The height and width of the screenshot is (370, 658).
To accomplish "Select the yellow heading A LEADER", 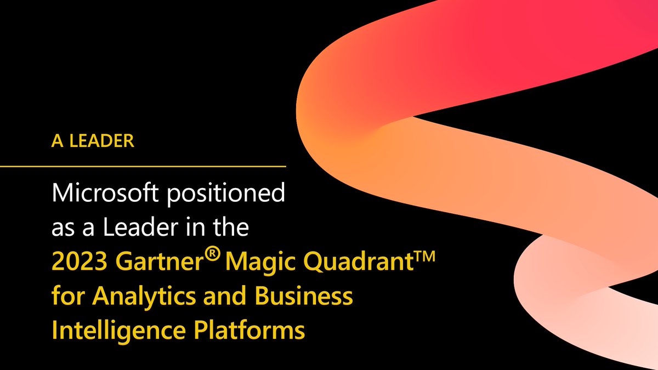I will tap(93, 140).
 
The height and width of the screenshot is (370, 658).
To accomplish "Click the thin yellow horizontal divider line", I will tap(143, 165).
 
